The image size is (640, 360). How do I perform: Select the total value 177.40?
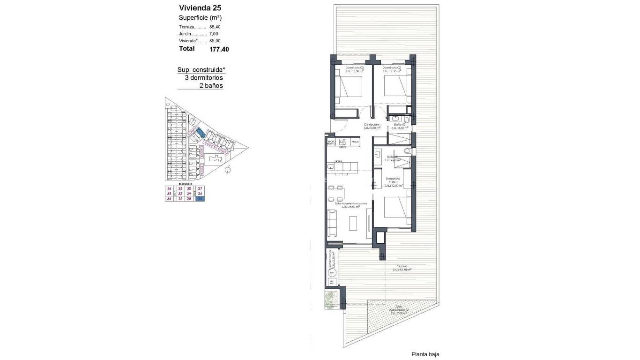click(219, 49)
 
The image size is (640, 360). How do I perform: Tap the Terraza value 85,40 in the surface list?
click(215, 27)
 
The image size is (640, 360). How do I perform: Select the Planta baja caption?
click(425, 354)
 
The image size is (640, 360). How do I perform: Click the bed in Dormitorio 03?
click(350, 86)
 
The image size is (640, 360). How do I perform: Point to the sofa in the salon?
click(332, 223)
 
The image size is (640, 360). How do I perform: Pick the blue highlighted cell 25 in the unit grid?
click(200, 199)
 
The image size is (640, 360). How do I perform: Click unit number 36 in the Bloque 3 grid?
click(169, 188)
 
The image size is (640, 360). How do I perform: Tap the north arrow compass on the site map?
click(228, 169)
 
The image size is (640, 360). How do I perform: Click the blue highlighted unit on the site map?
click(200, 133)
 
